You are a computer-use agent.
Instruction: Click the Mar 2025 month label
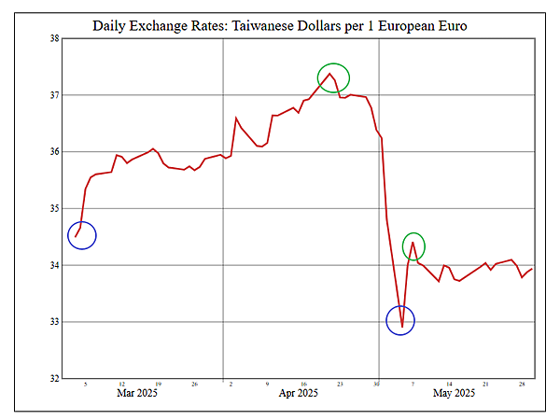point(137,394)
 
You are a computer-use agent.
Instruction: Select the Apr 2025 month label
point(299,394)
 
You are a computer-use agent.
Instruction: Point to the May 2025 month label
point(455,394)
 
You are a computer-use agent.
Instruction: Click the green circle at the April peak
point(333,77)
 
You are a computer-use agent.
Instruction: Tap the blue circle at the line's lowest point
point(400,321)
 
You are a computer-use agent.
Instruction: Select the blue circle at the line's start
point(82,235)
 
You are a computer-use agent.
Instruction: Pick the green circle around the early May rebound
point(413,246)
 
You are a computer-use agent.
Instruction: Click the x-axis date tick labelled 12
point(122,384)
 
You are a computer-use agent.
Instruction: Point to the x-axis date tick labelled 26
point(193,384)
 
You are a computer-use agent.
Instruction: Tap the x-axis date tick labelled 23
point(341,384)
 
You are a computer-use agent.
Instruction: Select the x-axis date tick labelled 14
point(449,384)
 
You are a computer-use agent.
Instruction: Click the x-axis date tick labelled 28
point(522,384)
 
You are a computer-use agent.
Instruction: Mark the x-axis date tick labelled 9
point(267,384)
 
